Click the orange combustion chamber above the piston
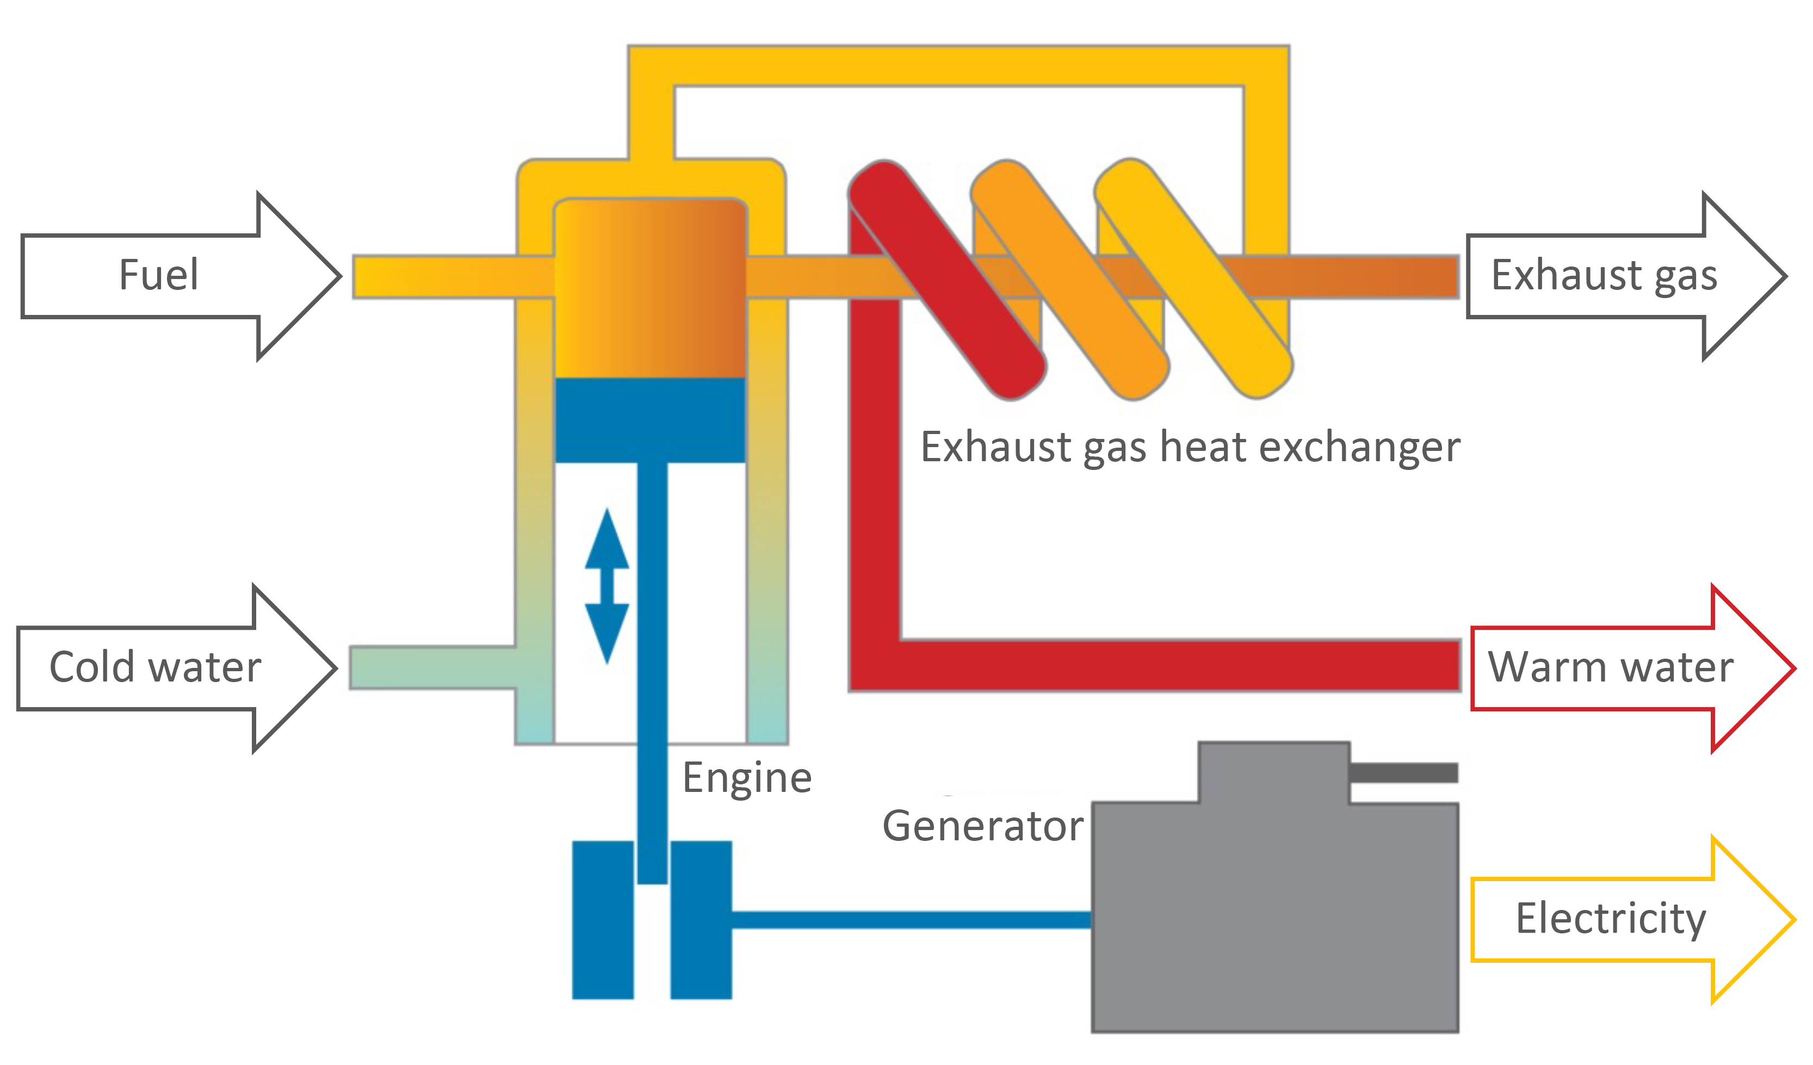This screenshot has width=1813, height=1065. (649, 288)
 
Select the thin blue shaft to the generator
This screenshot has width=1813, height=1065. (910, 920)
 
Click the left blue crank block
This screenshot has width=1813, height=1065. (602, 920)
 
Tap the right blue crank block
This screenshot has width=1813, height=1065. (701, 920)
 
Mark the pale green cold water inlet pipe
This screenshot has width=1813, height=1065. (432, 668)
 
